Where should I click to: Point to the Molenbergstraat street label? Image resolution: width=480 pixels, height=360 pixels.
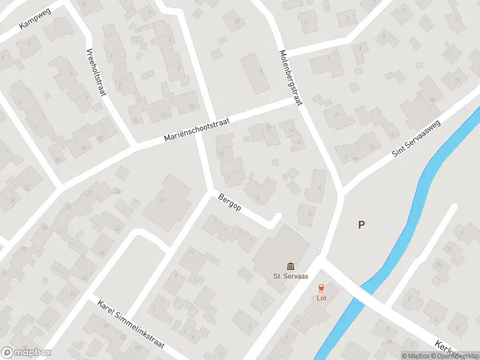tap(289, 77)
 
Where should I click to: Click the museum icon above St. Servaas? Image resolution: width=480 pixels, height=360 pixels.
tap(291, 266)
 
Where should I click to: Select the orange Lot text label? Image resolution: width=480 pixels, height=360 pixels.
tap(322, 298)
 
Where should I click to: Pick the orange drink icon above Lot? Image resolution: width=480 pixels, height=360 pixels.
tap(322, 287)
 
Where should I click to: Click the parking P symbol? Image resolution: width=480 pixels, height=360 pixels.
tap(361, 225)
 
